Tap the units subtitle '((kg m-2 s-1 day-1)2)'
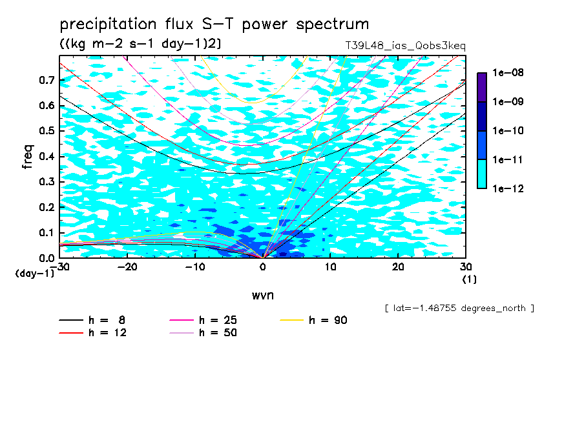[x=140, y=44]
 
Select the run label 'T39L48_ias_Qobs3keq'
[x=406, y=46]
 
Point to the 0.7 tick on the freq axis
[x=47, y=80]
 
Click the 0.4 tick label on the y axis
[x=47, y=156]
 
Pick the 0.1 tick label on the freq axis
[x=47, y=232]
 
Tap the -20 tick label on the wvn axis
[x=127, y=267]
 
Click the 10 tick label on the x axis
[x=330, y=267]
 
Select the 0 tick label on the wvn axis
[x=263, y=267]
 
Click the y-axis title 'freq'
[x=28, y=157]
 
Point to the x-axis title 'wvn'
[x=263, y=296]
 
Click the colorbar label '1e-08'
[x=508, y=72]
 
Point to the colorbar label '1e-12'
[x=508, y=188]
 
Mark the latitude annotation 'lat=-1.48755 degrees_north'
[x=459, y=308]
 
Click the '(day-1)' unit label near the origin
[x=34, y=274]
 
